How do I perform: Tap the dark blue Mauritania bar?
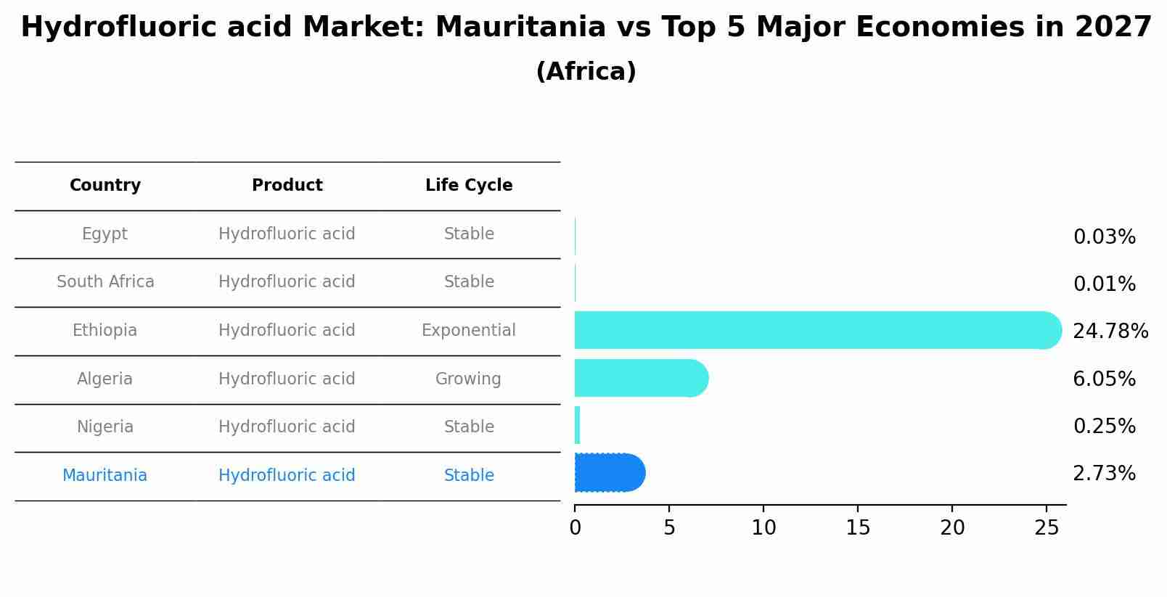pyautogui.click(x=609, y=472)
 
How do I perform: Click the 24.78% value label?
pyautogui.click(x=1110, y=332)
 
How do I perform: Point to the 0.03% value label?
pyautogui.click(x=1104, y=237)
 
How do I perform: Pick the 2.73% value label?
pyautogui.click(x=1104, y=474)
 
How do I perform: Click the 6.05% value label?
pyautogui.click(x=1104, y=379)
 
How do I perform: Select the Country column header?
pyautogui.click(x=105, y=186)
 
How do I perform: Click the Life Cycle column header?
pyautogui.click(x=469, y=186)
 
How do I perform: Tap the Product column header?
pyautogui.click(x=287, y=186)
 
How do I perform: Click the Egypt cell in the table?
pyautogui.click(x=105, y=234)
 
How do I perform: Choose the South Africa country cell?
pyautogui.click(x=105, y=282)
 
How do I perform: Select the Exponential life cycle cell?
pyautogui.click(x=468, y=331)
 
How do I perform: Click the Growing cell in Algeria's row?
pyautogui.click(x=468, y=379)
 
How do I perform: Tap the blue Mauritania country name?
pyautogui.click(x=105, y=476)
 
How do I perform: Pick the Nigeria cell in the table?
pyautogui.click(x=105, y=427)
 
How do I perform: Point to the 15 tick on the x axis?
pyautogui.click(x=858, y=528)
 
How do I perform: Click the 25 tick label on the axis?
pyautogui.click(x=1047, y=528)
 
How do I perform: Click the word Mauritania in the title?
pyautogui.click(x=520, y=28)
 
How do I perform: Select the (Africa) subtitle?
pyautogui.click(x=586, y=72)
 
